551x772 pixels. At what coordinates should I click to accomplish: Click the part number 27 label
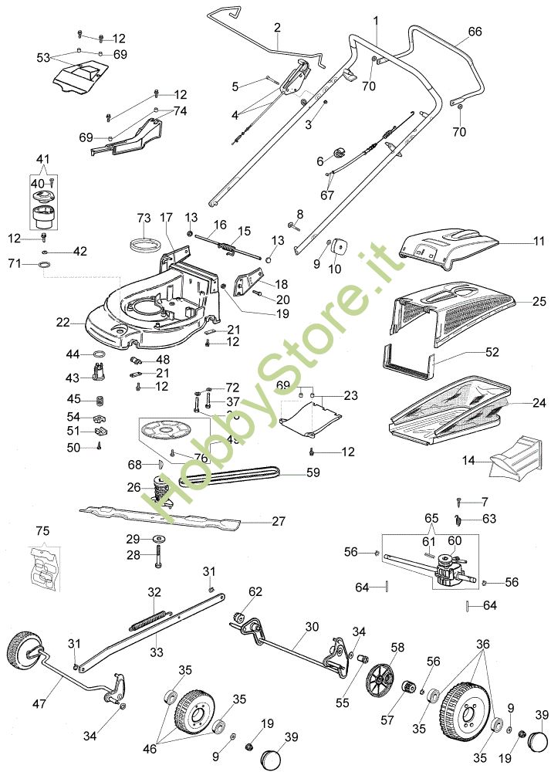[x=279, y=521]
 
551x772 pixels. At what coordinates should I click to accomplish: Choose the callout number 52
[x=492, y=351]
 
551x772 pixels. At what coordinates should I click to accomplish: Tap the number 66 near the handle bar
[x=475, y=32]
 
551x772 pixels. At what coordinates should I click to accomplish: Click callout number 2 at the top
[x=276, y=28]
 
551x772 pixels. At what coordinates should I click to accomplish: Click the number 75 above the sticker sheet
[x=42, y=531]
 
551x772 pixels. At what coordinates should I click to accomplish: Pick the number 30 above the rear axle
[x=311, y=627]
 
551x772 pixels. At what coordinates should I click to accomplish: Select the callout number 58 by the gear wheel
[x=397, y=646]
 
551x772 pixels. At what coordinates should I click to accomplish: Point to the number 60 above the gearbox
[x=455, y=540]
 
